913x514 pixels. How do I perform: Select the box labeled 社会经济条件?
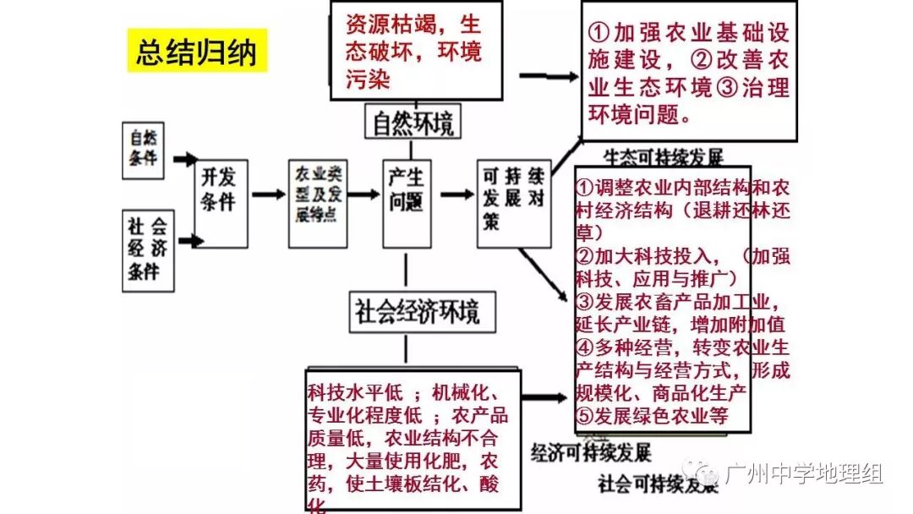[148, 250]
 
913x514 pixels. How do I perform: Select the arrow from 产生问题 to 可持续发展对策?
[456, 194]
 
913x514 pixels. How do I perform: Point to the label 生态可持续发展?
[664, 158]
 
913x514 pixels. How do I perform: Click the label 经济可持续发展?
[591, 452]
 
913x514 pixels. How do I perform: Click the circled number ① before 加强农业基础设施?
[599, 34]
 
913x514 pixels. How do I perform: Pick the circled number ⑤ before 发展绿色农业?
[588, 415]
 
